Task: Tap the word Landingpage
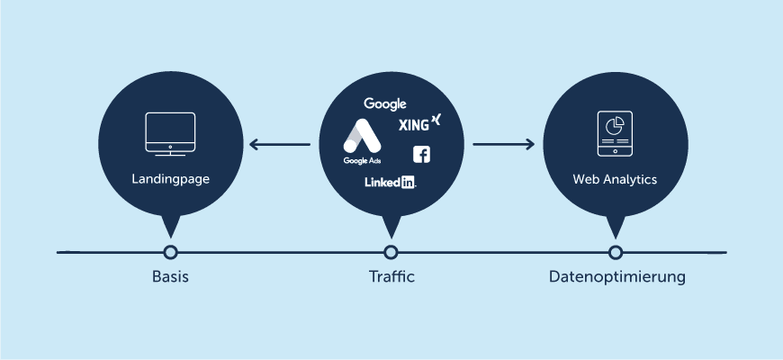click(170, 179)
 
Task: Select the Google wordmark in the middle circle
click(385, 104)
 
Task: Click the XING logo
click(418, 123)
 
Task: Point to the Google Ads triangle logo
click(362, 138)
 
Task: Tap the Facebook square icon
click(421, 154)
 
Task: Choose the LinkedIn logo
click(390, 182)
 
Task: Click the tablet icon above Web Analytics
click(615, 135)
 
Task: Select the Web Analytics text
click(615, 179)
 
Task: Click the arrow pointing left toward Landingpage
click(279, 143)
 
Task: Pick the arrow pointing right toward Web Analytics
click(504, 143)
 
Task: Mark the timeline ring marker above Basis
click(170, 252)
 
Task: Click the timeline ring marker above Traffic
click(390, 252)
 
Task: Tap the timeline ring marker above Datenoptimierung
click(615, 252)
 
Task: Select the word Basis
click(170, 277)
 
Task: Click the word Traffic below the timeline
click(391, 277)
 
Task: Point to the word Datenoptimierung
click(616, 277)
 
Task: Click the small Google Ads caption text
click(361, 161)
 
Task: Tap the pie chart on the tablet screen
click(616, 124)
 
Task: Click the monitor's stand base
click(170, 154)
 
